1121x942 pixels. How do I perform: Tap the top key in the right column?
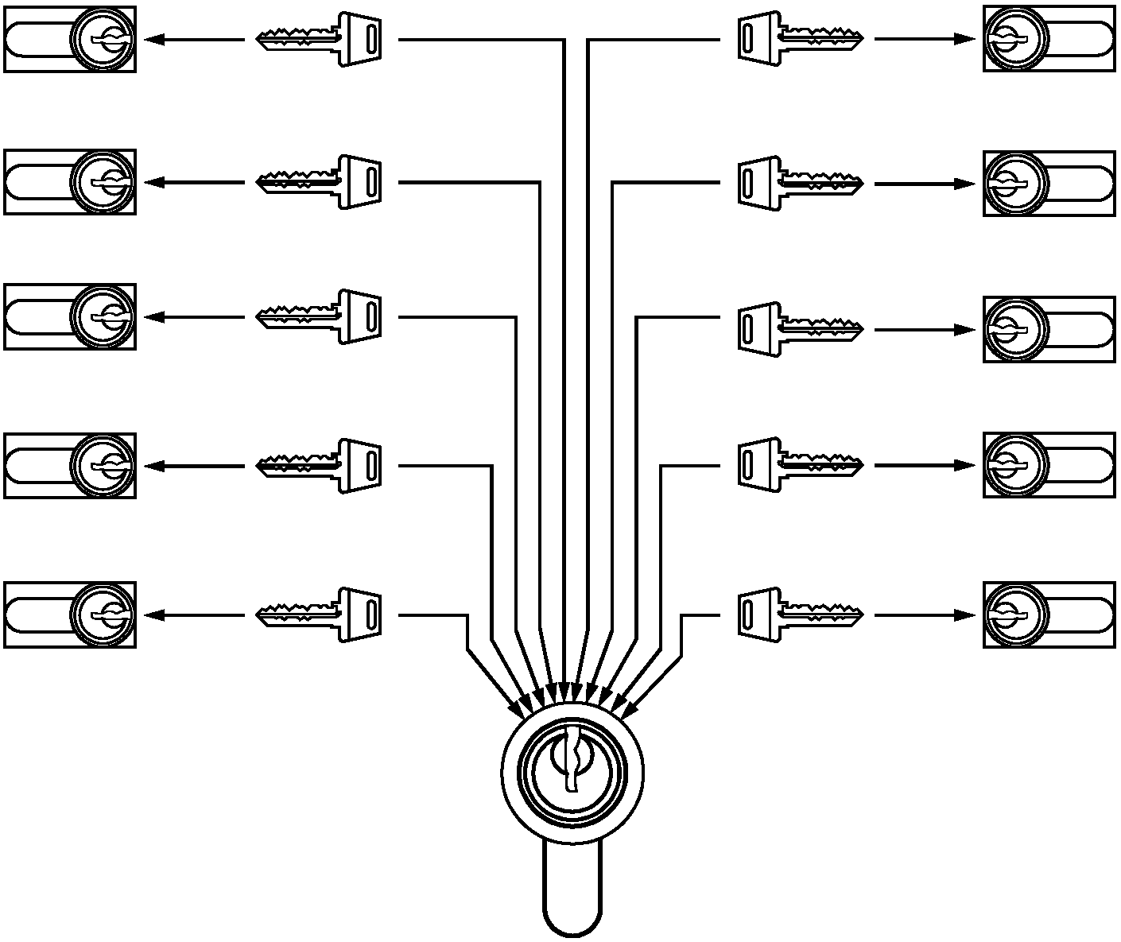pos(800,38)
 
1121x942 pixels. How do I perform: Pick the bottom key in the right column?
pos(800,614)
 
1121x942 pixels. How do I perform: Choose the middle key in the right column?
pos(800,329)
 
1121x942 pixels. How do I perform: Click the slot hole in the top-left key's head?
pos(371,39)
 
